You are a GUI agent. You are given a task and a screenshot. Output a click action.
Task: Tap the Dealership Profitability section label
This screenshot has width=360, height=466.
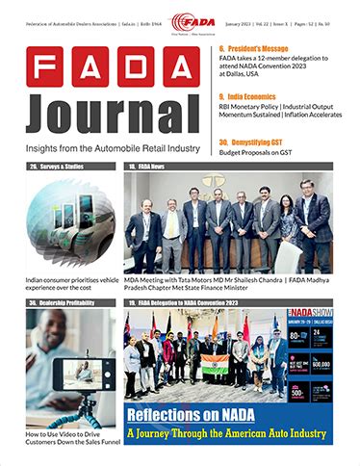tap(64, 303)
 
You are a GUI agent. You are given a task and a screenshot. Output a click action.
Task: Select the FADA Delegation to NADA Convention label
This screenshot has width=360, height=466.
tap(198, 303)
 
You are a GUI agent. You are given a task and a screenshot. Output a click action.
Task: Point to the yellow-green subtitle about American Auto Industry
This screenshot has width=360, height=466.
tap(227, 433)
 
